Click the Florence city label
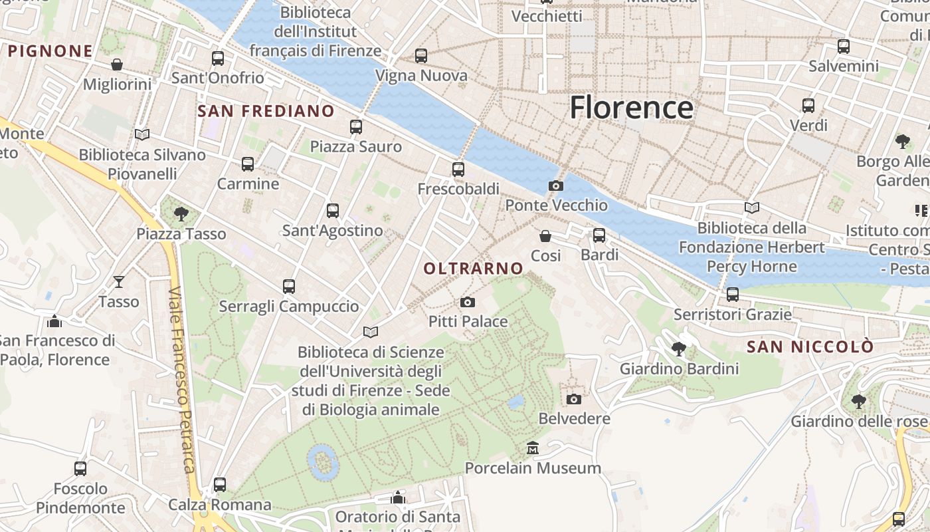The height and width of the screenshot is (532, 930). click(x=631, y=108)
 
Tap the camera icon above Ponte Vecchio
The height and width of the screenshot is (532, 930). click(x=556, y=186)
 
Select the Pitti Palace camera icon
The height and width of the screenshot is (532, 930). click(x=468, y=303)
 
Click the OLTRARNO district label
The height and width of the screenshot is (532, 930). click(x=474, y=269)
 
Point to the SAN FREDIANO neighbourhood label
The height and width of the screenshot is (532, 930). click(x=266, y=111)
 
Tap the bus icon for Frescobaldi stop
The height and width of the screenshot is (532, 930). click(x=458, y=170)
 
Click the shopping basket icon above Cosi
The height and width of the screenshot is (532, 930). click(x=545, y=236)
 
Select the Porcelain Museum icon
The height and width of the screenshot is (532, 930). click(x=532, y=448)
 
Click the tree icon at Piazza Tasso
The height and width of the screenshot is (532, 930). click(x=181, y=214)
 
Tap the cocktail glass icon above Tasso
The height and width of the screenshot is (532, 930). click(x=118, y=282)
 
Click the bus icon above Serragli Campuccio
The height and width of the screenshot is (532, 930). click(x=288, y=287)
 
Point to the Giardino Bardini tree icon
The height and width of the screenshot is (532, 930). click(x=678, y=349)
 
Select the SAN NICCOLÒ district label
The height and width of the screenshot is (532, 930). click(x=810, y=347)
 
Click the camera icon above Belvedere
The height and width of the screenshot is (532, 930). click(x=574, y=399)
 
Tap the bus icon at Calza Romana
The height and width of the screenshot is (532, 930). click(x=220, y=485)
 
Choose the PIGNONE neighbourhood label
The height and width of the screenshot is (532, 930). click(x=50, y=51)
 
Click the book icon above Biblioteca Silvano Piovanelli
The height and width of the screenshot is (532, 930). click(x=141, y=134)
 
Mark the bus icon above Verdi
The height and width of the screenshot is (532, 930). click(x=808, y=106)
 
